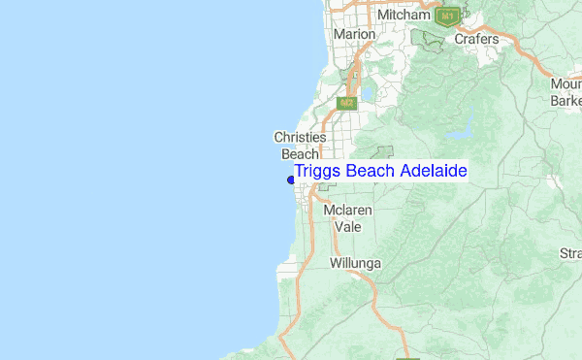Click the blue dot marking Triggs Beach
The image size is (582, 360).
(291, 179)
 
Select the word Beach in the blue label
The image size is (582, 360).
(370, 172)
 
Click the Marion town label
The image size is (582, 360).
(353, 34)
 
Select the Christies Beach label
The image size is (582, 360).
(300, 146)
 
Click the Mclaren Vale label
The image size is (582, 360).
(347, 218)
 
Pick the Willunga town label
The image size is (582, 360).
(356, 264)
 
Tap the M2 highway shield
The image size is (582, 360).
(347, 102)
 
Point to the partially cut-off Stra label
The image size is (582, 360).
(570, 254)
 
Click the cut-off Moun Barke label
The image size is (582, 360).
(566, 92)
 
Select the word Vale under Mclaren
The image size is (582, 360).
(347, 227)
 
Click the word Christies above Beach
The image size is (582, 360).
(300, 138)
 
